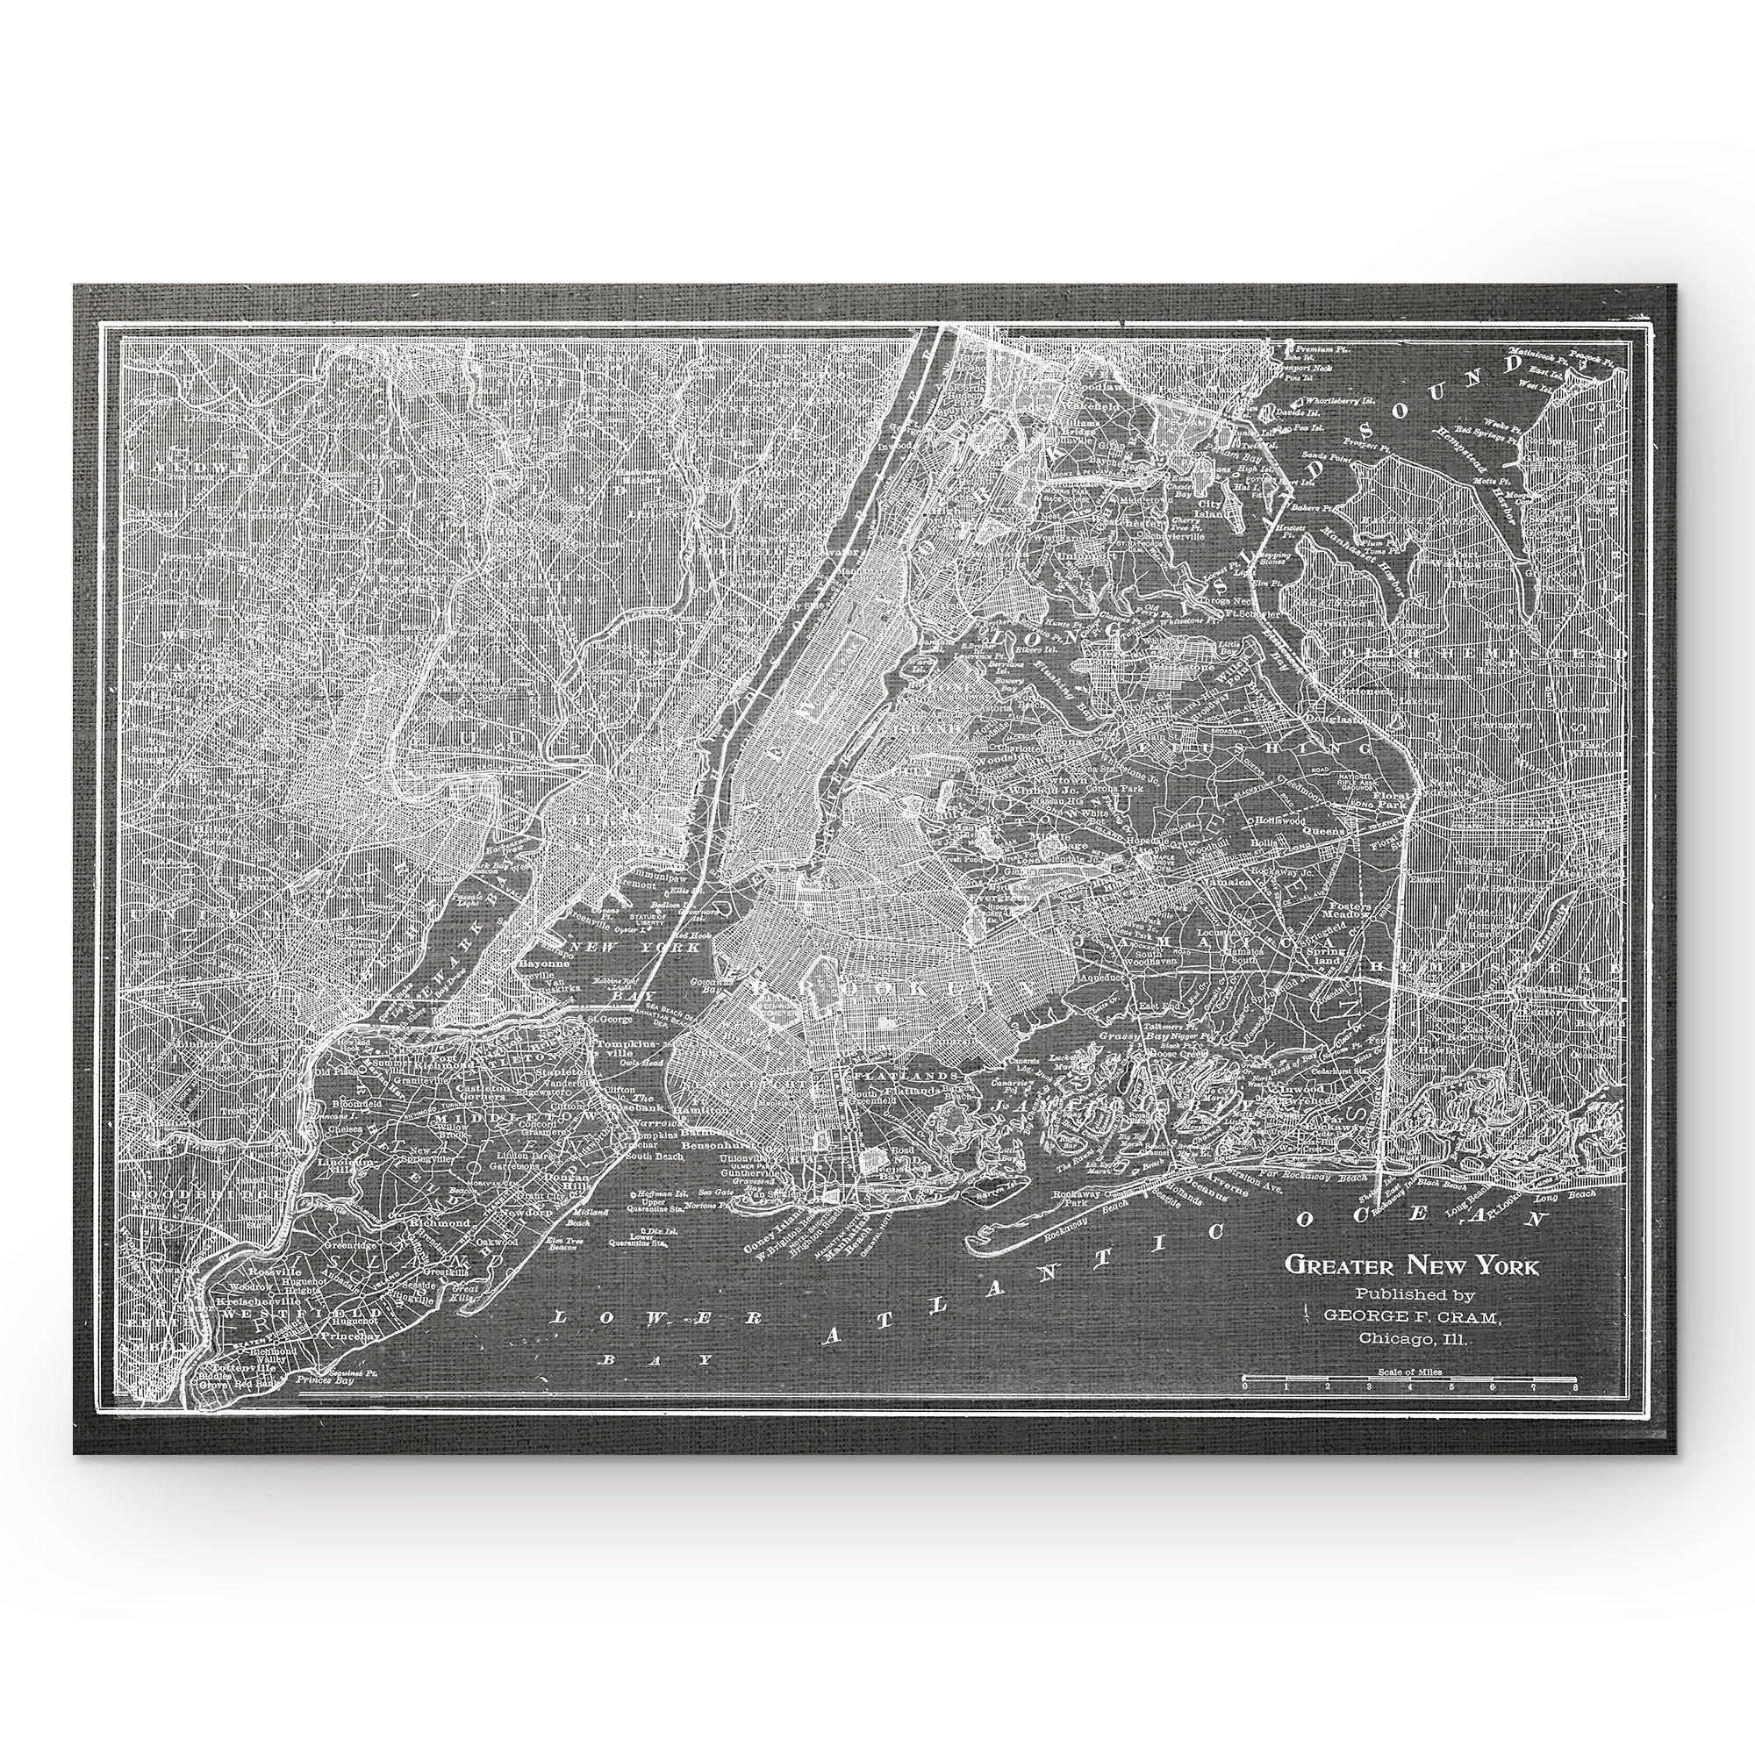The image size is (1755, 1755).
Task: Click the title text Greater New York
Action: [x=1410, y=1265]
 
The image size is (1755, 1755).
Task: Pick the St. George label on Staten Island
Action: [x=608, y=1018]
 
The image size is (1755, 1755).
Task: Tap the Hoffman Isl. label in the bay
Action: [x=654, y=1193]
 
